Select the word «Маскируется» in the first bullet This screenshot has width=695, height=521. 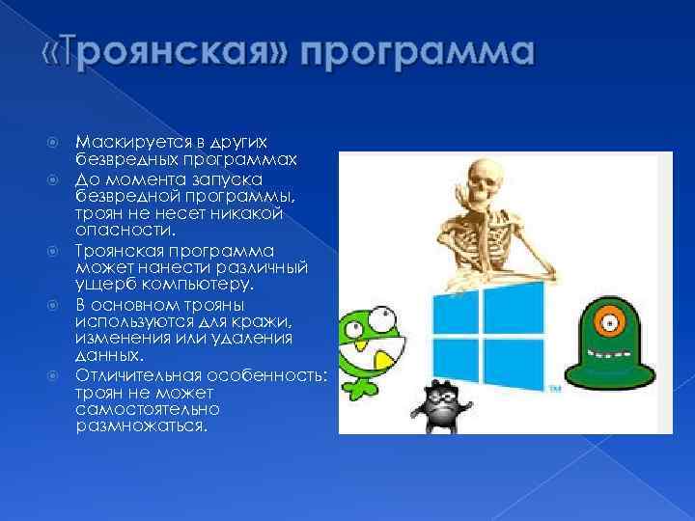click(123, 143)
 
